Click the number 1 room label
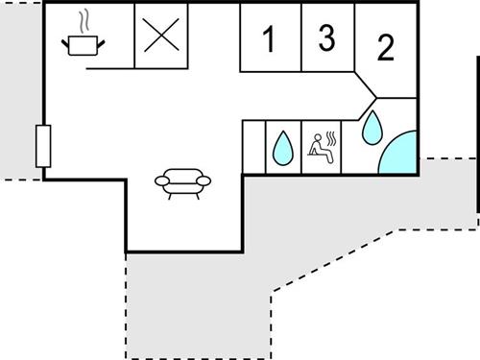click(269, 40)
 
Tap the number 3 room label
click(326, 37)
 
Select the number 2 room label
click(386, 47)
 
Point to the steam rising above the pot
click(84, 20)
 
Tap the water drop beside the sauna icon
click(281, 147)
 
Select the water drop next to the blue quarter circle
click(372, 125)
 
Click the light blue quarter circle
click(400, 155)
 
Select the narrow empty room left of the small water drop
click(252, 147)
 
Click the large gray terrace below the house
click(192, 307)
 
